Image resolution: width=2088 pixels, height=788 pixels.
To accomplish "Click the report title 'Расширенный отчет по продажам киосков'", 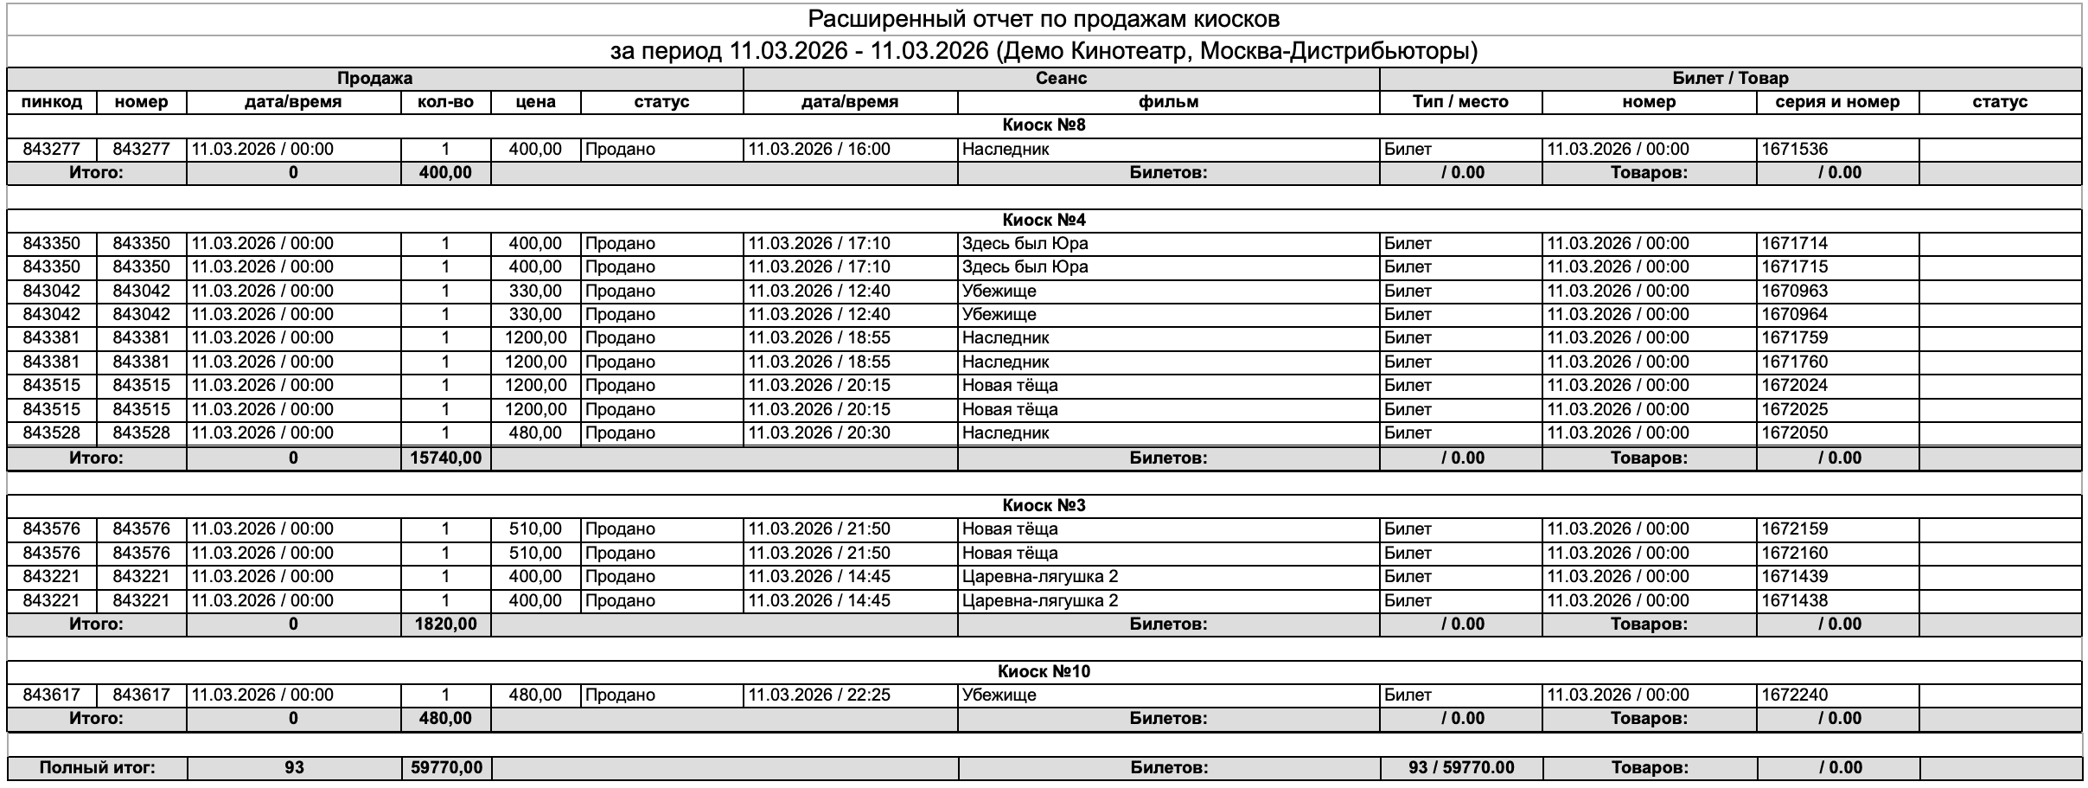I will (x=1044, y=19).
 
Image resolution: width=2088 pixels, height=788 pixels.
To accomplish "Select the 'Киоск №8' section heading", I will (x=1044, y=125).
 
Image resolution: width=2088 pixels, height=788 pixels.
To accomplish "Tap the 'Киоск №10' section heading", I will (x=1044, y=671).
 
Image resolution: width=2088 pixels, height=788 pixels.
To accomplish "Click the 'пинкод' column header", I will (x=52, y=102).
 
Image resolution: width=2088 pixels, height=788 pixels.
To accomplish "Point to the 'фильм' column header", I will (x=1168, y=102).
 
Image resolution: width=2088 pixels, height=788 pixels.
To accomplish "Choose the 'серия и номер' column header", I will (x=1837, y=102).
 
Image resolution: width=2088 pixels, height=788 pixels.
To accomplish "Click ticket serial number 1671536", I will (x=1795, y=149).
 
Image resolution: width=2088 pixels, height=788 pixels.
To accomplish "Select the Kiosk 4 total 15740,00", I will (x=446, y=458).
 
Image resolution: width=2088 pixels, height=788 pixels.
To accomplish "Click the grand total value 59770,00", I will (x=446, y=767).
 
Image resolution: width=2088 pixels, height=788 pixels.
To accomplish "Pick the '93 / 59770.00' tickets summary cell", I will (x=1460, y=767).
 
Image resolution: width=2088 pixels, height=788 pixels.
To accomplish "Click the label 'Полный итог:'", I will (x=97, y=767).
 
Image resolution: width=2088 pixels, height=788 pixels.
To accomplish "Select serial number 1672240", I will (x=1795, y=695).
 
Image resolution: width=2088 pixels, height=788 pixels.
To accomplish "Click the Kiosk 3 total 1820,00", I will (x=446, y=624).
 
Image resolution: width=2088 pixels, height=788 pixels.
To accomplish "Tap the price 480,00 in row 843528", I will (x=535, y=432).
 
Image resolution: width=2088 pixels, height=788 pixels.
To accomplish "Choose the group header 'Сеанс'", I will (x=1061, y=78).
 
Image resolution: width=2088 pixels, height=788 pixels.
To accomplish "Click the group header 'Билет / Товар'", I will (x=1730, y=78).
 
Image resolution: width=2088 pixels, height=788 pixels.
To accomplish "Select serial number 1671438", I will (x=1795, y=600).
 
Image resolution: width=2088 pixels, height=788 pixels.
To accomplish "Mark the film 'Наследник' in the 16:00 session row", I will (x=1006, y=149).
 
